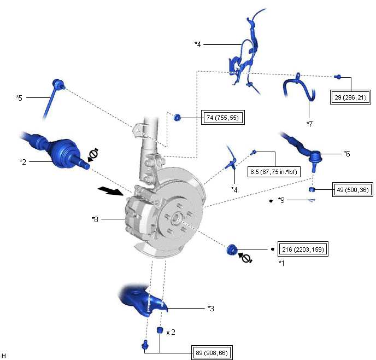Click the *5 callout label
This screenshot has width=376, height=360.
(19, 98)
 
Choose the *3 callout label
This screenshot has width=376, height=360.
(210, 309)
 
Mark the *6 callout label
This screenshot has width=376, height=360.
(346, 154)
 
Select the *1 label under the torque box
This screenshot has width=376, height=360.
(282, 263)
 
